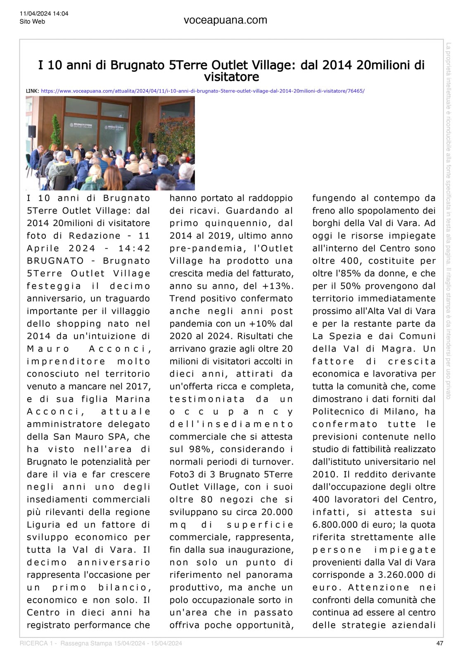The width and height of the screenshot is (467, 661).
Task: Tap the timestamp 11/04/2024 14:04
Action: [44, 14]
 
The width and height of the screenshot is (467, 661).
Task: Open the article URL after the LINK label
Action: [203, 90]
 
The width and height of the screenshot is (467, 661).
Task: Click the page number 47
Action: [440, 643]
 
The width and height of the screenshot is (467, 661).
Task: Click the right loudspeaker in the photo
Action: [151, 138]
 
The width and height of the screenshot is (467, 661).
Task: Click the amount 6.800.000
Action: [337, 525]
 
